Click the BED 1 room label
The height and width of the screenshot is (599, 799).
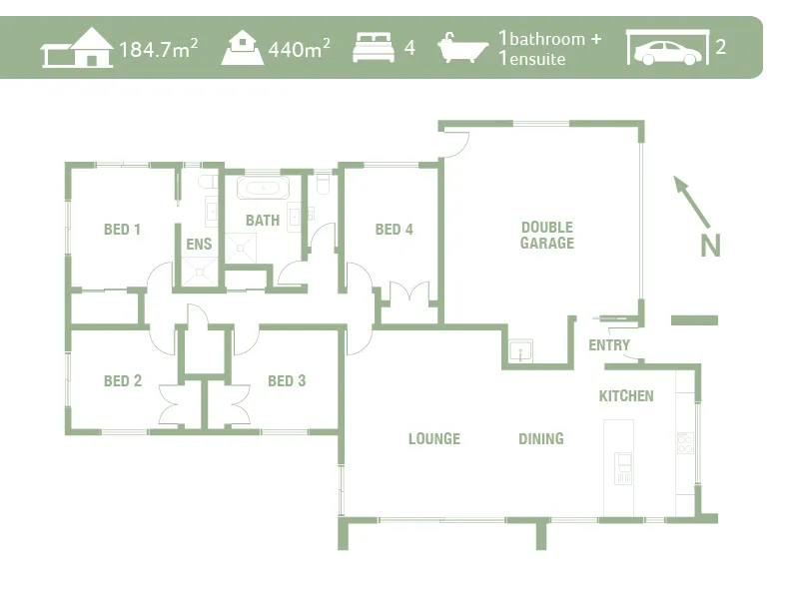tap(122, 230)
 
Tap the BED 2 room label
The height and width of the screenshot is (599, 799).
tap(122, 381)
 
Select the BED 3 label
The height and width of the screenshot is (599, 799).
tap(287, 381)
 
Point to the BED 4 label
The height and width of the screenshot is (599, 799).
tap(394, 230)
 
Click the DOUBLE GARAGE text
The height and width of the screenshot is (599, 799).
tap(546, 236)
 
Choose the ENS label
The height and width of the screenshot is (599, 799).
tap(199, 245)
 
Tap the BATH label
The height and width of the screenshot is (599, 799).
tap(263, 221)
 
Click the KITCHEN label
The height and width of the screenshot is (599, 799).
tap(626, 396)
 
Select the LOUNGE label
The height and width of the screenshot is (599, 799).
tap(433, 439)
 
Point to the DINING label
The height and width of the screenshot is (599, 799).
tap(540, 439)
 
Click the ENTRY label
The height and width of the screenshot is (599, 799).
tap(609, 346)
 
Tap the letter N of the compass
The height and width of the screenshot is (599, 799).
tap(710, 246)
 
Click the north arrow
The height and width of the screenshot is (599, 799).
tap(691, 201)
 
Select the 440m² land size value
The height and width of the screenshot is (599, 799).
tap(299, 48)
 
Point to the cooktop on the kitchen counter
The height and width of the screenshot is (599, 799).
tap(685, 443)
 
